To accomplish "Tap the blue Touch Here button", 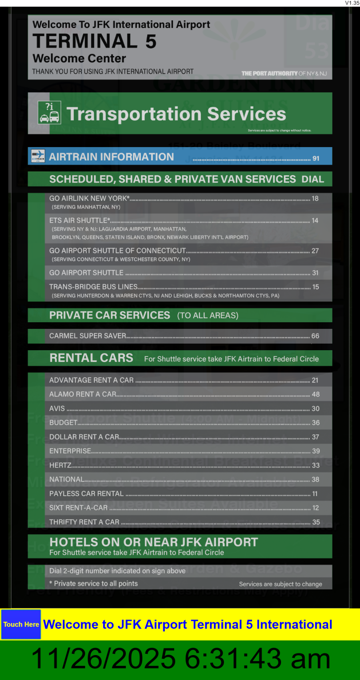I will (x=21, y=624).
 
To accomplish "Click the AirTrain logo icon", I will (x=38, y=156).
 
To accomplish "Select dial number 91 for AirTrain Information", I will (x=316, y=158).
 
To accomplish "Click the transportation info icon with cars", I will (x=49, y=113).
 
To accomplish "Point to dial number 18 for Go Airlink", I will (x=315, y=199).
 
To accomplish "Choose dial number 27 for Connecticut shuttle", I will (x=315, y=251).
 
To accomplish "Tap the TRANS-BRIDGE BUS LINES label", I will (x=93, y=287).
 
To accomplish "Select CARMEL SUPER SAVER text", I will (x=88, y=336).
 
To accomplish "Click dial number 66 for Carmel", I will (x=315, y=336).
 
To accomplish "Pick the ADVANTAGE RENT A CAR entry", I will (x=91, y=380).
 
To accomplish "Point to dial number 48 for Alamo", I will (x=316, y=394).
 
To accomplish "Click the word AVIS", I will (x=57, y=408).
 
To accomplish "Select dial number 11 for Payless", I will (x=315, y=494).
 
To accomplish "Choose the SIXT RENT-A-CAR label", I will (x=78, y=508).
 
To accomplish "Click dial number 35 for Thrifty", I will (x=316, y=522).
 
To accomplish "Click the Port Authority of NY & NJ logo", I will (x=284, y=73).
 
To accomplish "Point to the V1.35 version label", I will (x=352, y=3).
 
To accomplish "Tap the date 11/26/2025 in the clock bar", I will (x=103, y=659).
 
